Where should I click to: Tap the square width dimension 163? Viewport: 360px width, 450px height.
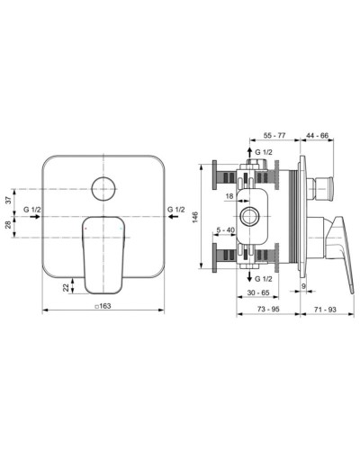(104, 307)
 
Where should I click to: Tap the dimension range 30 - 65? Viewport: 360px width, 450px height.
(260, 293)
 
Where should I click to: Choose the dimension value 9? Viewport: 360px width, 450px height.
(305, 287)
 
